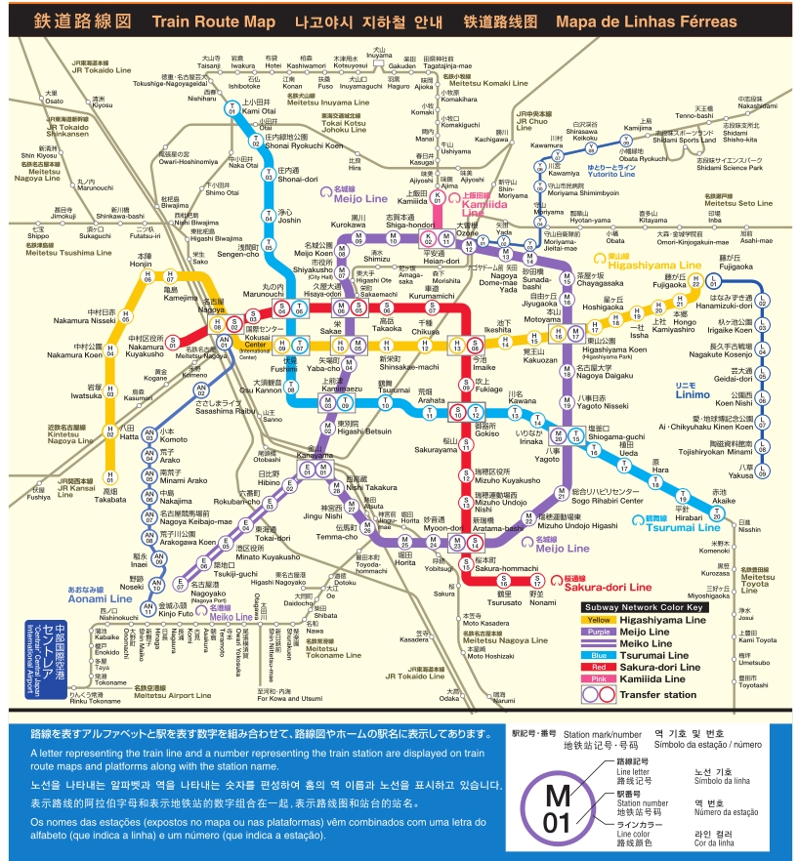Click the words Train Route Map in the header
coord(216,20)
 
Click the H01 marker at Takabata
coord(110,478)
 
